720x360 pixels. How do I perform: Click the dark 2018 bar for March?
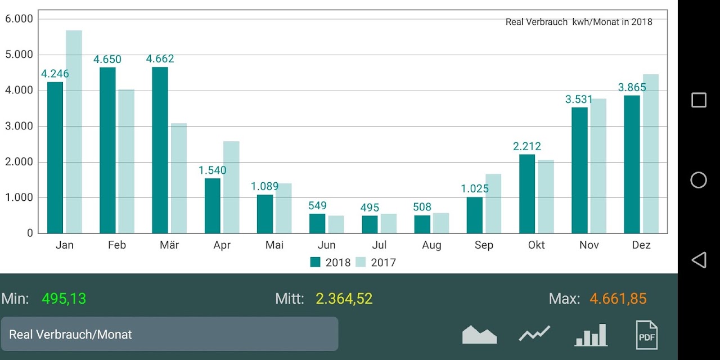[160, 150]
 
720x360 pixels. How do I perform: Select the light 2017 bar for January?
[74, 132]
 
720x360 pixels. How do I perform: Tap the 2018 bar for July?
[370, 224]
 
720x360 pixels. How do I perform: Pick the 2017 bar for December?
[651, 154]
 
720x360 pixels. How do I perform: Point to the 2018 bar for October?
[527, 194]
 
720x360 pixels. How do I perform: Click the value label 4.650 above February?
[107, 60]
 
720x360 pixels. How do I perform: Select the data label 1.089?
[264, 186]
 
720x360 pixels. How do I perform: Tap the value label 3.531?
[579, 100]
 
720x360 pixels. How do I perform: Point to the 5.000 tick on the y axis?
[19, 55]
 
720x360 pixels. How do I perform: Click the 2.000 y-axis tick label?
[19, 161]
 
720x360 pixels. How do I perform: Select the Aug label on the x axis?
[431, 245]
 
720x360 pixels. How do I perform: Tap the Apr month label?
[222, 245]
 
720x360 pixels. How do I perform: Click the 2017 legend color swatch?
[361, 262]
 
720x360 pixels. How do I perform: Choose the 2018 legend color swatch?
[316, 262]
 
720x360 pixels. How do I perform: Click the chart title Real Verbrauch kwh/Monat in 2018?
[579, 22]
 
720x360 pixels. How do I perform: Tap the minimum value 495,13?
[64, 299]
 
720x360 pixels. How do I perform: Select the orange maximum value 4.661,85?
[618, 299]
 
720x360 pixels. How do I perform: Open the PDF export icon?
[647, 335]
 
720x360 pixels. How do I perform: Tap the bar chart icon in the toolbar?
[591, 335]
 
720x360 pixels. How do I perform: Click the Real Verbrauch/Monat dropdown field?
[169, 334]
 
